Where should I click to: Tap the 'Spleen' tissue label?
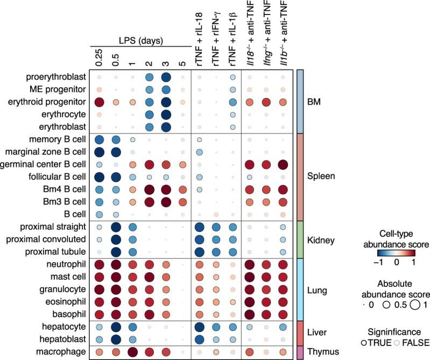320,176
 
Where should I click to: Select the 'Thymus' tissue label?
322,351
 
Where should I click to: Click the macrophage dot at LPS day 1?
132,351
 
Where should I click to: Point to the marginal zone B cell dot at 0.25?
99,152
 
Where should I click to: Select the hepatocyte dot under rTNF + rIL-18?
199,326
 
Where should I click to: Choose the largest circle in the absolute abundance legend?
415,304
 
